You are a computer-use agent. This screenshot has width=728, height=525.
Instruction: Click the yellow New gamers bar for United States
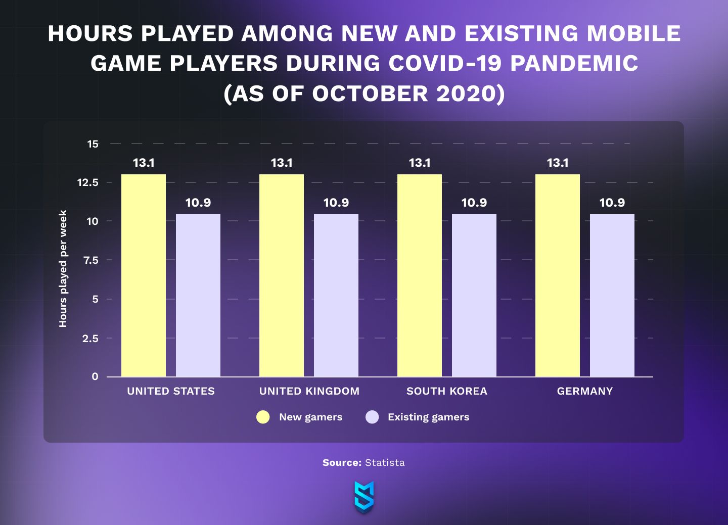point(144,275)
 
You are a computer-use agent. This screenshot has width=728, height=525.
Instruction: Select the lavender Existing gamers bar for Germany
point(612,295)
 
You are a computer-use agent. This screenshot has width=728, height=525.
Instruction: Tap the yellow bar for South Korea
point(419,275)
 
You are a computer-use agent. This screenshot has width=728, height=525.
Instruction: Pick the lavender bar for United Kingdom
point(336,295)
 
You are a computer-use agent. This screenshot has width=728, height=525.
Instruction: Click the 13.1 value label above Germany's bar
point(558,163)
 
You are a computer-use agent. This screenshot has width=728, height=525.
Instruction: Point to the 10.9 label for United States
point(198,203)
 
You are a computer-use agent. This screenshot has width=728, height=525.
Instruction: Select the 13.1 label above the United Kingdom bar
point(282,163)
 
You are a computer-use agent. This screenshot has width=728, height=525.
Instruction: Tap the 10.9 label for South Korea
point(474,203)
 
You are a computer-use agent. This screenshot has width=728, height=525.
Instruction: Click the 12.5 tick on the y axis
point(88,182)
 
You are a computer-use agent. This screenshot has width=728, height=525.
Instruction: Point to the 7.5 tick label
point(90,260)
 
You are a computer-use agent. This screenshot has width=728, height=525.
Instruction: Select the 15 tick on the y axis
point(93,144)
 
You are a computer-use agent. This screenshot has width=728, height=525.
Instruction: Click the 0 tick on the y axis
point(95,376)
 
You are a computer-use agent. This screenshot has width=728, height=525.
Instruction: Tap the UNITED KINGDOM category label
point(309,391)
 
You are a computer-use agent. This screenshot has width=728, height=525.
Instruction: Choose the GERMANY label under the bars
point(585,391)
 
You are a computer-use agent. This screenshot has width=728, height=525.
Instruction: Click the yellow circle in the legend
point(263,417)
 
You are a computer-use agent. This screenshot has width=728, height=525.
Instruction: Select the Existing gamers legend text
point(429,417)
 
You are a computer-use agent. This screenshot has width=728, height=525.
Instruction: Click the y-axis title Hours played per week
point(63,268)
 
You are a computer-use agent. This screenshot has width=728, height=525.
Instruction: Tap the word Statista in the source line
point(385,463)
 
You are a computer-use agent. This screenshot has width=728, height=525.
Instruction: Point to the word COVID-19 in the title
point(445,63)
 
